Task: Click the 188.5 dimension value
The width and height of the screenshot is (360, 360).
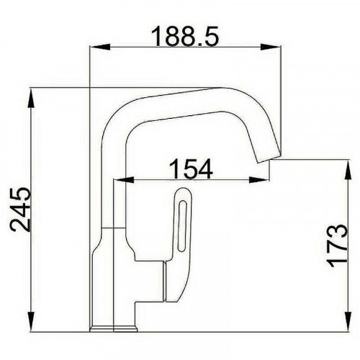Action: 184,34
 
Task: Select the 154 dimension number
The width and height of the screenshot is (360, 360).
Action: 192,168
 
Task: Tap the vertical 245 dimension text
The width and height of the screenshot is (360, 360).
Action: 22,210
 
